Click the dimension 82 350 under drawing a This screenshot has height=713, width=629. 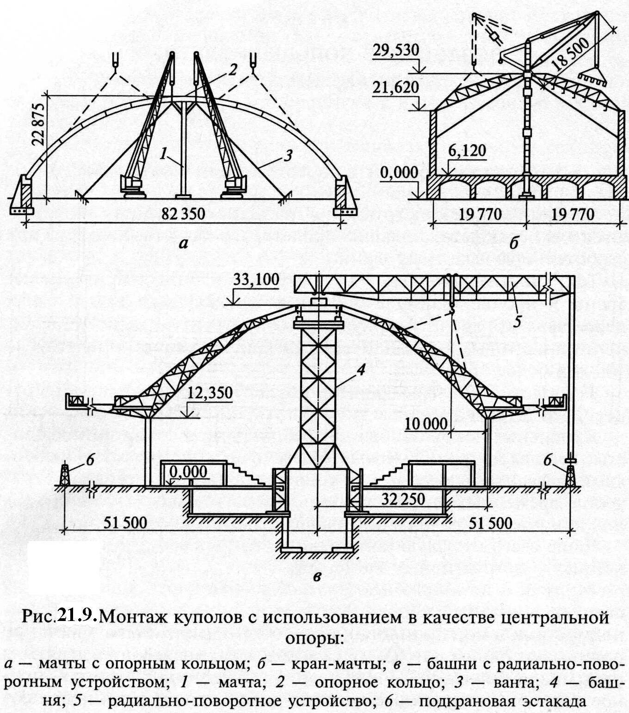[183, 214]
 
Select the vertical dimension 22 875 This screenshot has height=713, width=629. [39, 125]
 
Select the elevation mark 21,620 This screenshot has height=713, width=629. [396, 87]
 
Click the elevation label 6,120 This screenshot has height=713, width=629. [467, 151]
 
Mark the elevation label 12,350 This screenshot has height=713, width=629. [210, 393]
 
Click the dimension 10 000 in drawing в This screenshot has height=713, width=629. [426, 423]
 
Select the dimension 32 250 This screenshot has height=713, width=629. [403, 499]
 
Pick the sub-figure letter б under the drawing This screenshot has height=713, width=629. [513, 243]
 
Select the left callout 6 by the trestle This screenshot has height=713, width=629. [90, 460]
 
